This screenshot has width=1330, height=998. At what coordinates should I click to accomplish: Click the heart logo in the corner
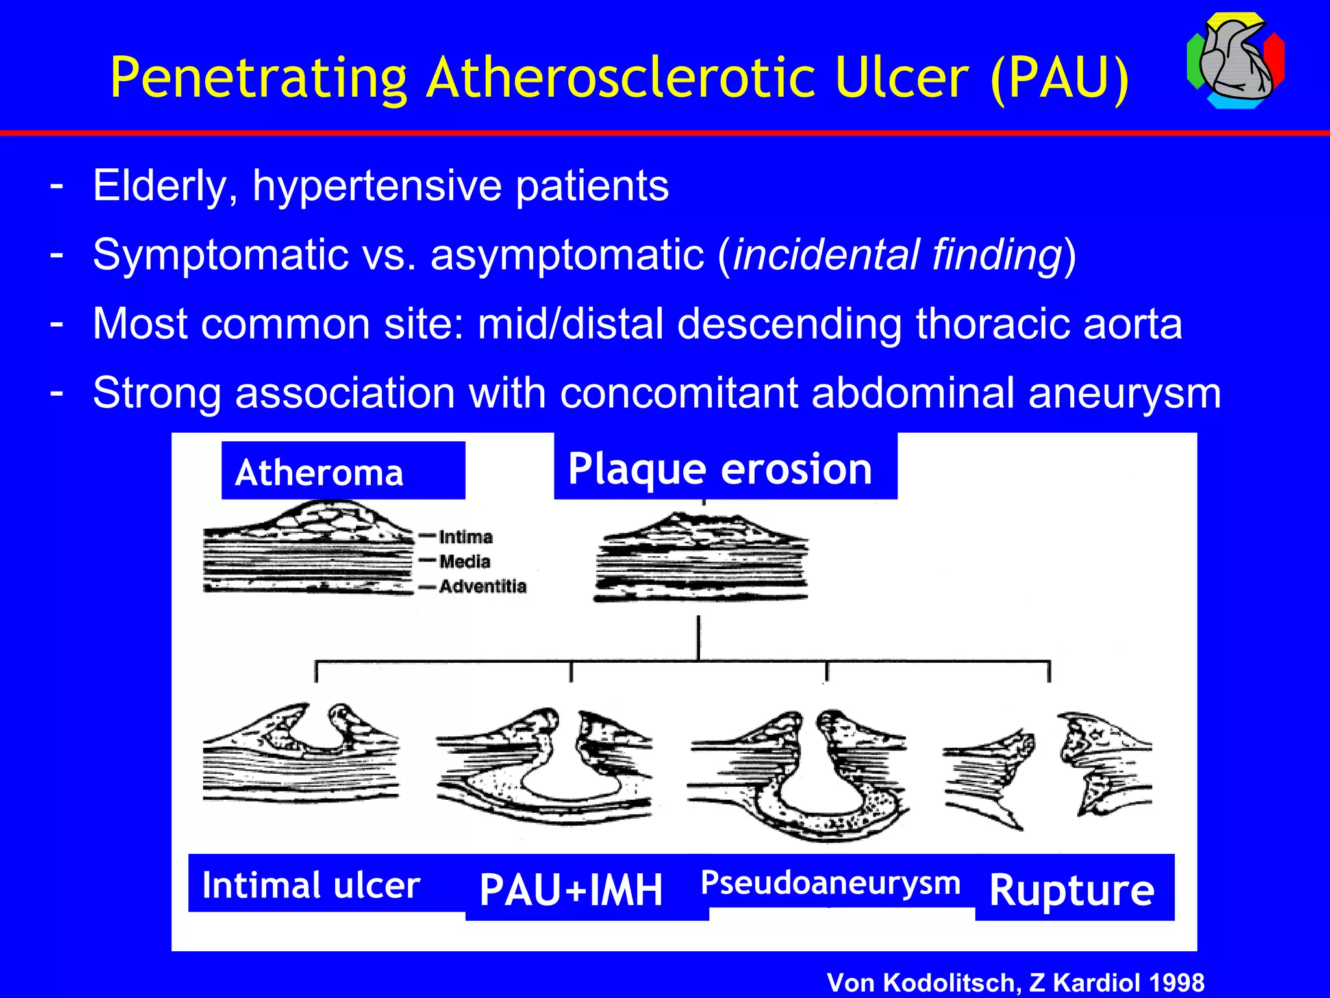pyautogui.click(x=1235, y=60)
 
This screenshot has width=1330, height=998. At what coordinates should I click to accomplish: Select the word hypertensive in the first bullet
pyautogui.click(x=377, y=186)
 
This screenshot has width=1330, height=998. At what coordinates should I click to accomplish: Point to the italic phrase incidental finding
pyautogui.click(x=897, y=254)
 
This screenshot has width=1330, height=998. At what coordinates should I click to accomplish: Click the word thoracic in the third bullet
pyautogui.click(x=991, y=324)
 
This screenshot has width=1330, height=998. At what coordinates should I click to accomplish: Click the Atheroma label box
pyautogui.click(x=342, y=471)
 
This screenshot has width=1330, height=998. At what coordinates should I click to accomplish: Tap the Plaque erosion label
pyautogui.click(x=721, y=468)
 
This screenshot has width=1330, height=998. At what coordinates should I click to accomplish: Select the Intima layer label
pyautogui.click(x=466, y=537)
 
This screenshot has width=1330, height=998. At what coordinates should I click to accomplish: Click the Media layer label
pyautogui.click(x=464, y=561)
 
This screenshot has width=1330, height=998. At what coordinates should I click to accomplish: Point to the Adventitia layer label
pyautogui.click(x=483, y=586)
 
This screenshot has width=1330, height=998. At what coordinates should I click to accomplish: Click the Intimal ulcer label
pyautogui.click(x=312, y=885)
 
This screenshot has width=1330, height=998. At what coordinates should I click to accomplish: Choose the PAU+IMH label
pyautogui.click(x=571, y=890)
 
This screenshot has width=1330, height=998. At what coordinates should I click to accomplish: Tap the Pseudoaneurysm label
pyautogui.click(x=831, y=883)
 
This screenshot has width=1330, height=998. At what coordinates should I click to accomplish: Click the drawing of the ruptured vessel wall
pyautogui.click(x=1047, y=770)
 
